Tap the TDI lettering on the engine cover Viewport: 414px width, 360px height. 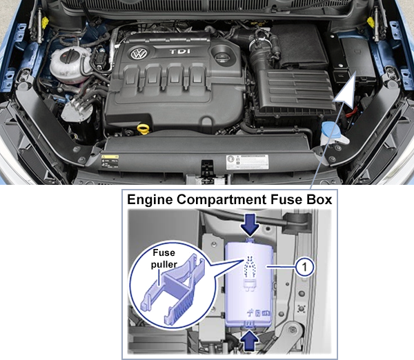[x=180, y=52]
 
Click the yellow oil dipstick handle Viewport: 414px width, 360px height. [x=143, y=130]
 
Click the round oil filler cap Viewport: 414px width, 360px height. [x=221, y=57]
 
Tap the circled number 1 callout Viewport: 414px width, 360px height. [x=305, y=267]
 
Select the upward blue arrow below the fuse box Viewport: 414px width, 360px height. [x=250, y=341]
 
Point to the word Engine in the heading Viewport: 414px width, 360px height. [x=150, y=200]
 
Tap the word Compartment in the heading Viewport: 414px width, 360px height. [x=221, y=200]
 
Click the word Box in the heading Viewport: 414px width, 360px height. [x=319, y=199]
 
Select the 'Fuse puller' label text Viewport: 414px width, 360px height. [x=164, y=258]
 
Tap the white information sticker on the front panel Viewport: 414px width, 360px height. [x=247, y=162]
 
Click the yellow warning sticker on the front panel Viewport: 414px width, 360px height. [x=110, y=161]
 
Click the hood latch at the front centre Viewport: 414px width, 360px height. [x=208, y=168]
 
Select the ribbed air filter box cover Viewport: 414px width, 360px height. [x=295, y=90]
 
